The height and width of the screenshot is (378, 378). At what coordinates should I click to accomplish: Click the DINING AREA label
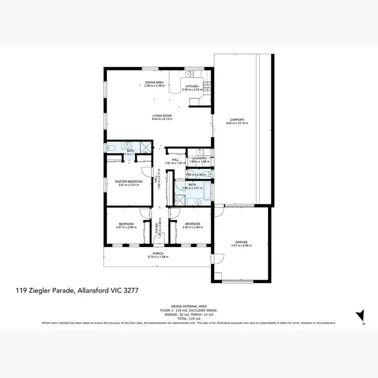154,82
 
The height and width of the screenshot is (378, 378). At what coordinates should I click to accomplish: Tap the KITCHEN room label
192,86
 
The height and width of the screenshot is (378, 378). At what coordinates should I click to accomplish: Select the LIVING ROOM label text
162,116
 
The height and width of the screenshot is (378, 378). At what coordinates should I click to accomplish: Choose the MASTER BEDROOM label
129,181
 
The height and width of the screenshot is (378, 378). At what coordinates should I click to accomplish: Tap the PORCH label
158,254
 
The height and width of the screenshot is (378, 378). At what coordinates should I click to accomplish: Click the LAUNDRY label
196,158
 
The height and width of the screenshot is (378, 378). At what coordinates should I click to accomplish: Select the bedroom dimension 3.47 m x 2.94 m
126,227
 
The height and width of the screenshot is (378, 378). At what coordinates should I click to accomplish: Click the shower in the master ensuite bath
145,147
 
